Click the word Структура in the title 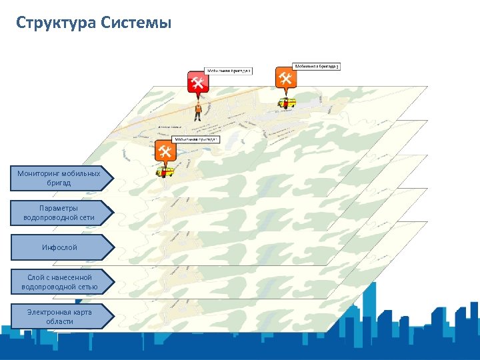point(57,23)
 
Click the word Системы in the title point(137,23)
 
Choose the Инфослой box point(59,247)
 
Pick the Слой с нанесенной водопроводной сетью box point(59,282)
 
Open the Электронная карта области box point(59,317)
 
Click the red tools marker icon point(197,82)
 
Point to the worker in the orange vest point(198,111)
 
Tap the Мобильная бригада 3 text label point(317,67)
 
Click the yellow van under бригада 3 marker point(287,103)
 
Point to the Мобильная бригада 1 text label point(196,140)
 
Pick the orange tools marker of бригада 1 point(165,151)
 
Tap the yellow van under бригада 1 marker point(165,172)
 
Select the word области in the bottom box point(60,321)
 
